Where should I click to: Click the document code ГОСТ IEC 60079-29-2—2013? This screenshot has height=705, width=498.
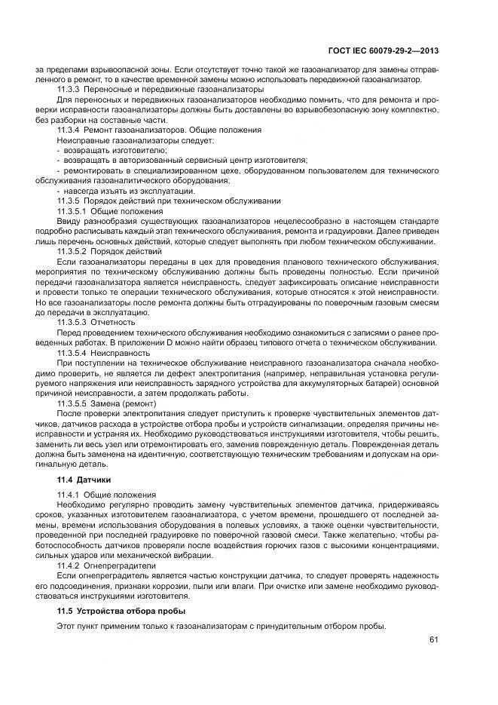click(x=383, y=51)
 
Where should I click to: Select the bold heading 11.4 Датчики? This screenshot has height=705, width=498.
click(x=84, y=480)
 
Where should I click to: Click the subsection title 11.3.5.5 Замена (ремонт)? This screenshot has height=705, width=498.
click(x=107, y=403)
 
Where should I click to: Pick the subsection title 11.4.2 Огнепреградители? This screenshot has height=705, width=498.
click(x=106, y=565)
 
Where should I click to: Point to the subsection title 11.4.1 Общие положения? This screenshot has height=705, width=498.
click(x=106, y=495)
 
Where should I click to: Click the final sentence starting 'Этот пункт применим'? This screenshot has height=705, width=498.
click(x=221, y=627)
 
